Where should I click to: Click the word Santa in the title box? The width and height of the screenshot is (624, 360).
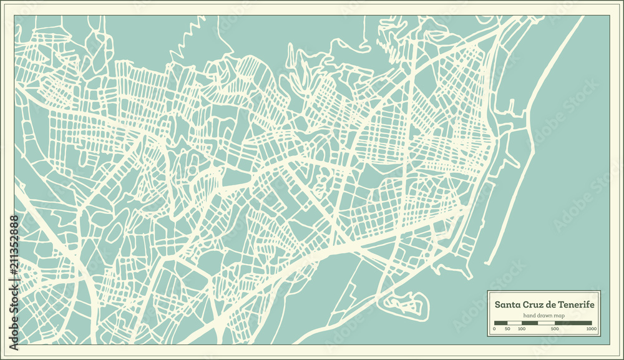(x=507, y=304)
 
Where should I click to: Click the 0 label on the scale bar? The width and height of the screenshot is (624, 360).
(x=494, y=329)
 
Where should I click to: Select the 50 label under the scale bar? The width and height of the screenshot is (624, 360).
(x=507, y=329)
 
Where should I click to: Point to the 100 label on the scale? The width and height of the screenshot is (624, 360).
(x=521, y=329)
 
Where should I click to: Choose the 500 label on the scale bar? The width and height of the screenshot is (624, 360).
(x=555, y=329)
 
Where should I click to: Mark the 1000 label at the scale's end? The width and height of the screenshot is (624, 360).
(x=590, y=329)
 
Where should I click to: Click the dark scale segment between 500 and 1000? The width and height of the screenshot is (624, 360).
(x=573, y=323)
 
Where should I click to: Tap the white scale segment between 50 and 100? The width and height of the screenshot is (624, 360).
(x=515, y=323)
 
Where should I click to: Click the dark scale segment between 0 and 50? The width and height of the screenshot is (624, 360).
(x=501, y=323)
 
